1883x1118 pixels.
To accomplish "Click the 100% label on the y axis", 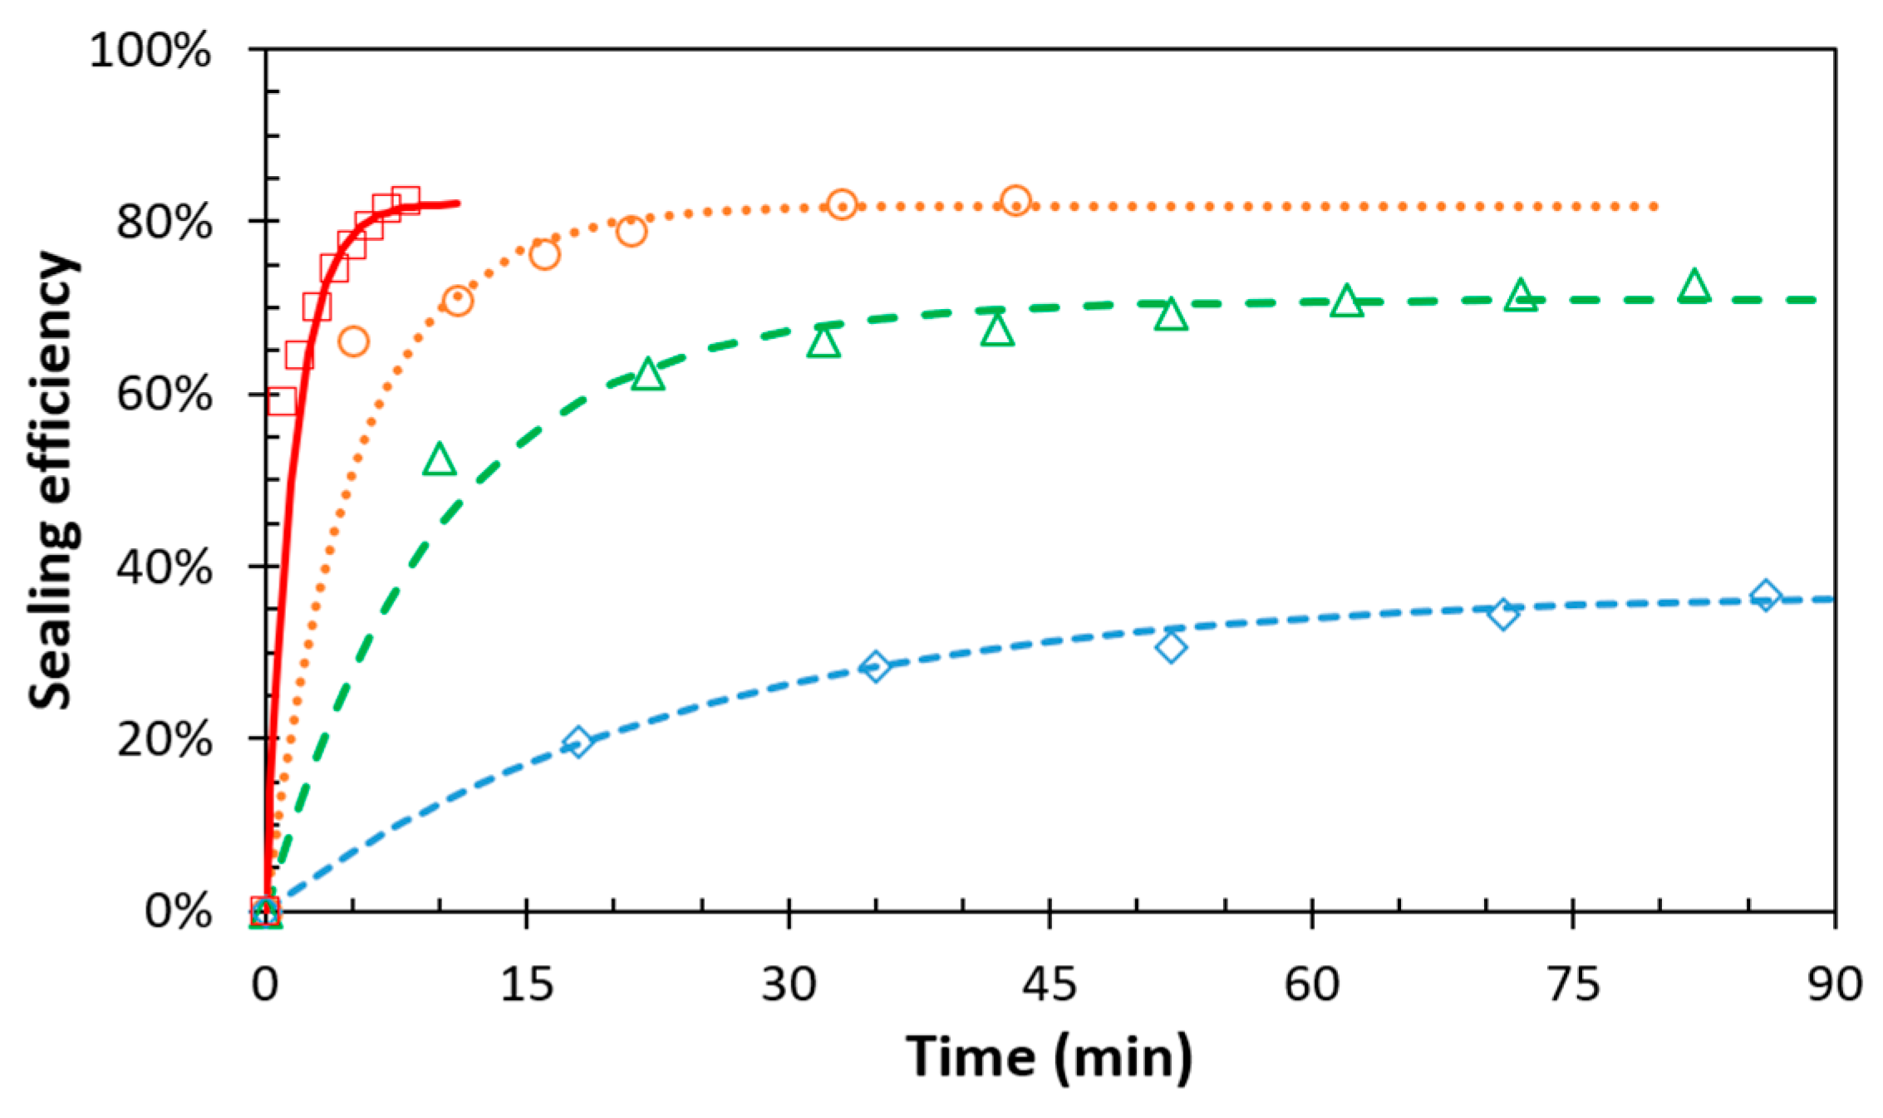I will click(150, 51).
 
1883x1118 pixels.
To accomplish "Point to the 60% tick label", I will click(164, 395).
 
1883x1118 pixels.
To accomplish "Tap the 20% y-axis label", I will click(164, 740).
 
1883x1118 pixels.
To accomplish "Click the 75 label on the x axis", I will click(1573, 985).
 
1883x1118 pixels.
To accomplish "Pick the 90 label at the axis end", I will click(1834, 985).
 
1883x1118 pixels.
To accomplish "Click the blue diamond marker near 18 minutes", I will click(578, 742).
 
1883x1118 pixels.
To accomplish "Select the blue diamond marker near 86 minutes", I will click(1765, 596).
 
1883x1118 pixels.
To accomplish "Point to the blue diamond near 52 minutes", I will click(1171, 647).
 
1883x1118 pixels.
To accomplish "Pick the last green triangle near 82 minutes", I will click(1694, 287).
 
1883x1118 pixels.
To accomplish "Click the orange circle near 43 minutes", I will click(1015, 201).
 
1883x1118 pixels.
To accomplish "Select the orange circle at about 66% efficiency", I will click(353, 341).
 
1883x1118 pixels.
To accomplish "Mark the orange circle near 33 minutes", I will click(842, 204).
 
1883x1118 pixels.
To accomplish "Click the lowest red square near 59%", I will click(283, 401).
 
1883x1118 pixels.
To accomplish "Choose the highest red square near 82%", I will click(405, 199).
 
